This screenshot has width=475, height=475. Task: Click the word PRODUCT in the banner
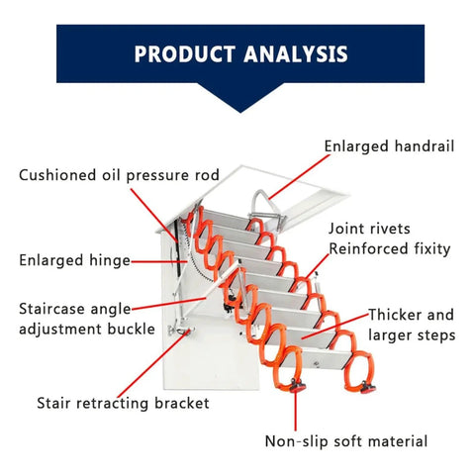pos(185,54)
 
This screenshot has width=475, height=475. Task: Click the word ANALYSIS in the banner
pos(296,54)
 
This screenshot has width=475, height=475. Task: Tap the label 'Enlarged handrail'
pos(389,146)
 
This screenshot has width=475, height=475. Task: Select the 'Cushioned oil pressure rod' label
pos(119,175)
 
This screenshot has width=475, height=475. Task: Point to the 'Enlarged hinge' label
pos(75,260)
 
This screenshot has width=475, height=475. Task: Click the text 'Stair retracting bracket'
pos(123,403)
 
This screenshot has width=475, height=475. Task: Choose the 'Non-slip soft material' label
pos(346,441)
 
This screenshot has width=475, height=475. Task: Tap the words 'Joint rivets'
pos(369,229)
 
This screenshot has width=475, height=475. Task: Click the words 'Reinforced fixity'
pos(390,249)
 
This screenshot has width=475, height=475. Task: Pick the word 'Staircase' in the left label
pos(52,309)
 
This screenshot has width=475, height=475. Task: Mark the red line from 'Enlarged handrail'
pos(299,177)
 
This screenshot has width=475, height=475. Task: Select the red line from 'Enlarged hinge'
pos(159,262)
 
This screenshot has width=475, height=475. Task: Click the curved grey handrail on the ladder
pos(264,201)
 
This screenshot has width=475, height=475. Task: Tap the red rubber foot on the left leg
pos(297,386)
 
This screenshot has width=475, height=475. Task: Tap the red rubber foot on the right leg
pos(367,387)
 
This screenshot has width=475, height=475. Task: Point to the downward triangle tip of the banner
pos(240,112)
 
